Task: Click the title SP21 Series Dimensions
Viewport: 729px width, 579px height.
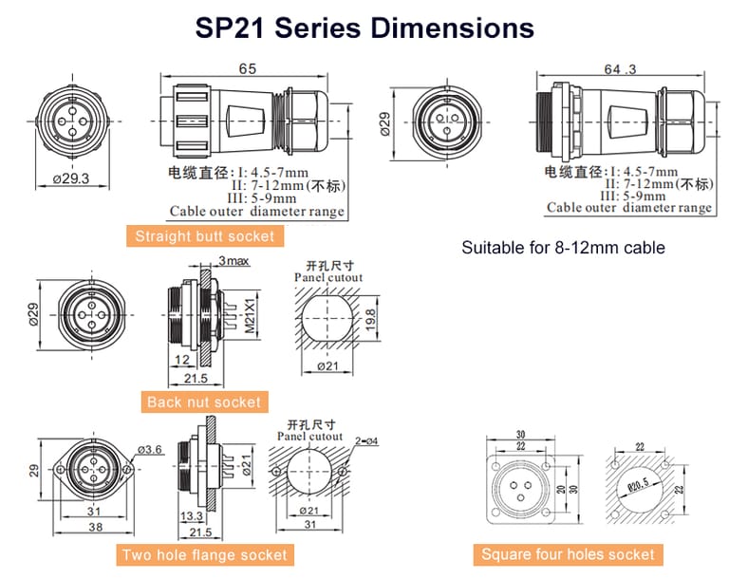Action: click(364, 28)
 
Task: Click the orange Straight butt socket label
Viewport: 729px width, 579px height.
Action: click(204, 236)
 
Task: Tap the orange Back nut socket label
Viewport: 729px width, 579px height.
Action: click(203, 402)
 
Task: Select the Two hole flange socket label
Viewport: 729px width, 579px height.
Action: click(203, 554)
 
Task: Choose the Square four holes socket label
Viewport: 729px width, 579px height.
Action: click(568, 554)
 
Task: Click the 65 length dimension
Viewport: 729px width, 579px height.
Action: click(247, 70)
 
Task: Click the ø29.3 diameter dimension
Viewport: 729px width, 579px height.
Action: click(71, 177)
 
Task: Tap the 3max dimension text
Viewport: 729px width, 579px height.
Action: click(234, 261)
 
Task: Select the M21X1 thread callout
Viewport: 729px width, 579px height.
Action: click(251, 318)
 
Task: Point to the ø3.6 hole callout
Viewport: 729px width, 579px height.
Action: click(148, 449)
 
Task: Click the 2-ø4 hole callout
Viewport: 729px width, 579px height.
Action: click(366, 440)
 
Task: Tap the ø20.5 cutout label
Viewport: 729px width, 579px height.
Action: click(642, 485)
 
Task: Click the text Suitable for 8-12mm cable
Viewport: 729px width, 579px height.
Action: click(563, 249)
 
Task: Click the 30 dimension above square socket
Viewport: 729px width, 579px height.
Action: click(519, 436)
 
